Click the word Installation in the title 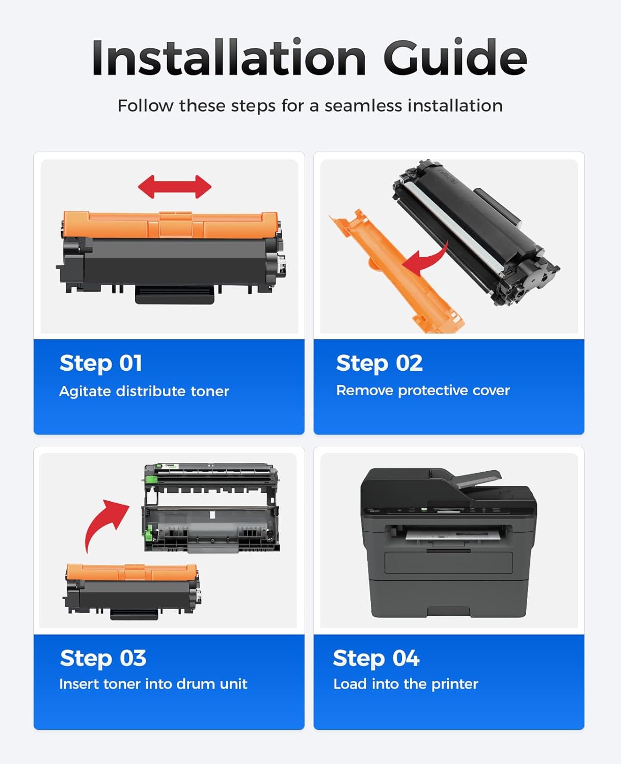coord(229,58)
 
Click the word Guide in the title coord(455,58)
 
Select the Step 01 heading coord(101,363)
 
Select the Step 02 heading coord(379,363)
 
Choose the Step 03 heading coord(103,658)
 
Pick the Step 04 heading coord(376,658)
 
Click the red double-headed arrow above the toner coord(175,187)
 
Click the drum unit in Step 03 coord(211,508)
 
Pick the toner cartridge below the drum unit coord(131,591)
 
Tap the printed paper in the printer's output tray coord(448,535)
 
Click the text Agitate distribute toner coord(144,391)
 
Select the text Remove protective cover coord(423,390)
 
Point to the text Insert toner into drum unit coord(153,684)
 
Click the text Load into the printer coord(406,684)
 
